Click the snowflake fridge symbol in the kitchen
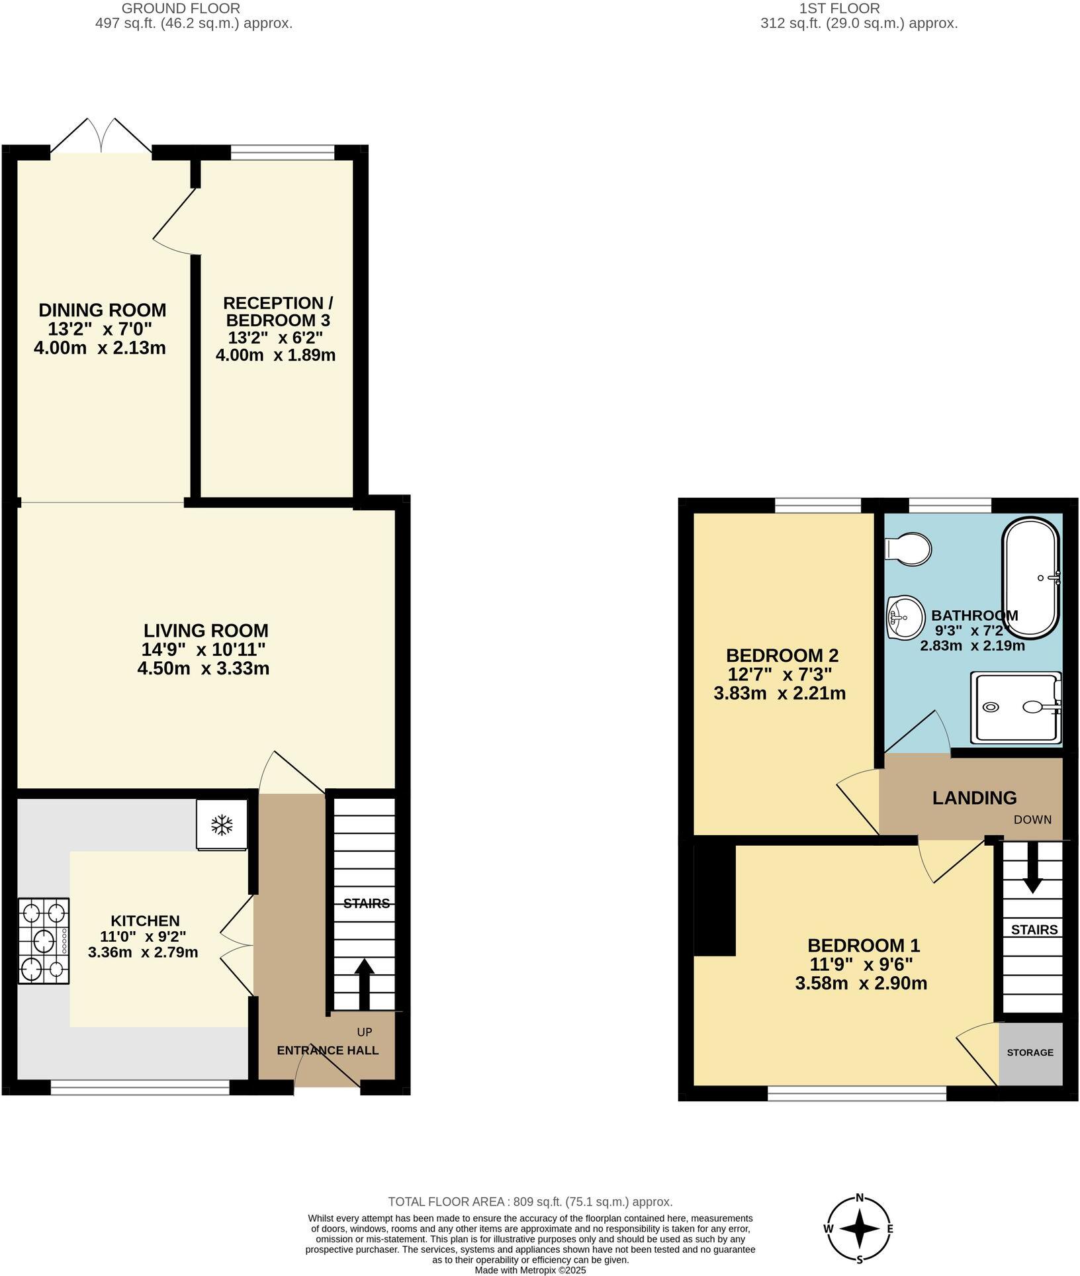(x=222, y=825)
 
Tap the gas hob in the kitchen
(x=44, y=940)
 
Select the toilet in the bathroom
(x=909, y=549)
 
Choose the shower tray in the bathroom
(x=1016, y=707)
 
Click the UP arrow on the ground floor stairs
(x=364, y=984)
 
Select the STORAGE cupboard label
(x=1030, y=1052)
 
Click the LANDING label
(x=974, y=798)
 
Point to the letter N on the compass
(x=860, y=1197)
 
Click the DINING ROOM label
(x=103, y=310)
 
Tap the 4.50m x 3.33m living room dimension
(x=203, y=668)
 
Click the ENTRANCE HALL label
(x=328, y=1050)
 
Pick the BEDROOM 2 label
(x=782, y=655)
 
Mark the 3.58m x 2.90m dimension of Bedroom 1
(x=861, y=983)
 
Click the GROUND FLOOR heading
(x=181, y=9)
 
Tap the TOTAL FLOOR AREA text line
(x=529, y=1202)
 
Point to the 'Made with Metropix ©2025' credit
(x=530, y=1270)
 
